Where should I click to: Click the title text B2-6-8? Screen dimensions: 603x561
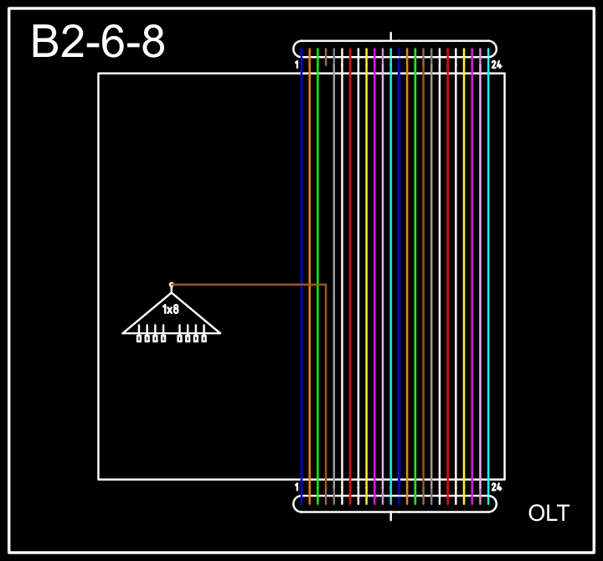click(98, 42)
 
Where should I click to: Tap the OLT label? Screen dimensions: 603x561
click(549, 513)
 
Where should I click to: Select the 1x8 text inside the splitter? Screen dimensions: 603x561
click(171, 309)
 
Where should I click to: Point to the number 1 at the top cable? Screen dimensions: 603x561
click(296, 64)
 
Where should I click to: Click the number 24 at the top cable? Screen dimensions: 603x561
click(497, 64)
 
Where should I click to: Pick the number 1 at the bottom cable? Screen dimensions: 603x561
click(296, 487)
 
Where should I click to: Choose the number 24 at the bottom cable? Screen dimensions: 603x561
click(497, 487)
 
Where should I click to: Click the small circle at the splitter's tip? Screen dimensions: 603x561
click(172, 285)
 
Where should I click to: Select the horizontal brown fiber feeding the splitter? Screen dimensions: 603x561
click(249, 285)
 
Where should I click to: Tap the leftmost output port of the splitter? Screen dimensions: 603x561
click(139, 338)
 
